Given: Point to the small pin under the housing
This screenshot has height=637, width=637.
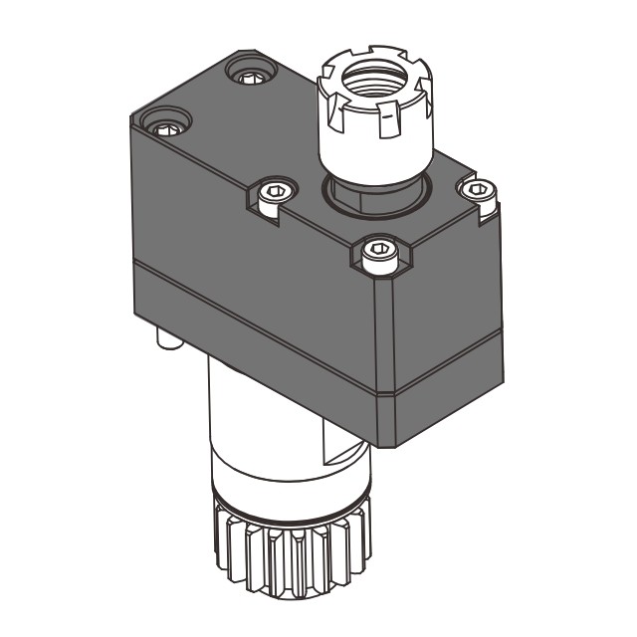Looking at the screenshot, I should click(166, 341).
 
